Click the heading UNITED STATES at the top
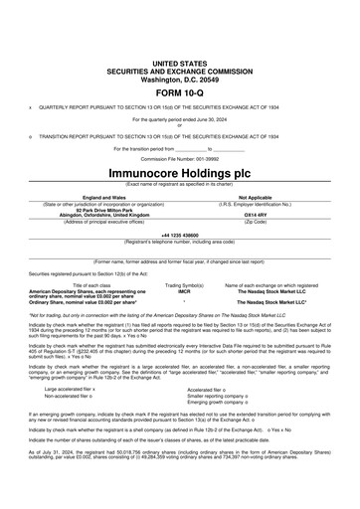tap(180, 61)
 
